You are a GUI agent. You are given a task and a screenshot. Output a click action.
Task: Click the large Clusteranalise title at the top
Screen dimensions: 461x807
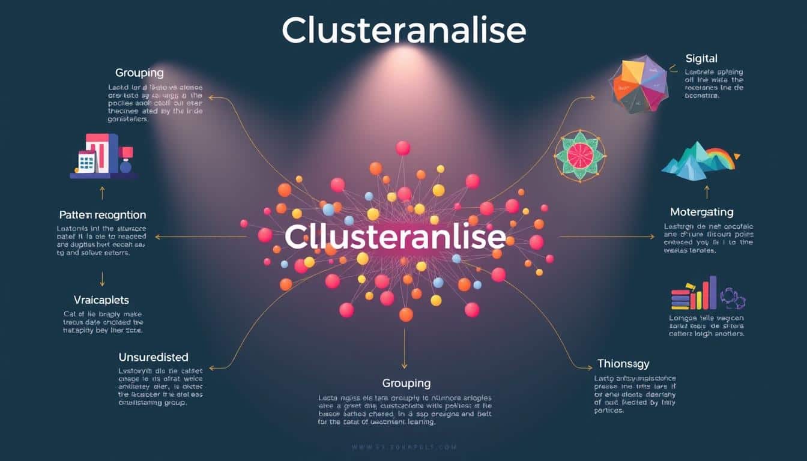pyautogui.click(x=403, y=30)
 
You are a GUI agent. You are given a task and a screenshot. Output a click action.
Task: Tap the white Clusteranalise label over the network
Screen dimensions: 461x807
pyautogui.click(x=395, y=238)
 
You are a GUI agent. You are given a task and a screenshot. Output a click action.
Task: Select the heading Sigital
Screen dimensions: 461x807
pyautogui.click(x=701, y=58)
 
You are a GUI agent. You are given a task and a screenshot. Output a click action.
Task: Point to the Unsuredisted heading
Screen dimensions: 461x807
pyautogui.click(x=153, y=357)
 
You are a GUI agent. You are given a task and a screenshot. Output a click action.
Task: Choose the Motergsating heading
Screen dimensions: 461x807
pyautogui.click(x=702, y=212)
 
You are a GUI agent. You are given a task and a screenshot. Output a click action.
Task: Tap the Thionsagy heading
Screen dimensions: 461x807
pyautogui.click(x=623, y=364)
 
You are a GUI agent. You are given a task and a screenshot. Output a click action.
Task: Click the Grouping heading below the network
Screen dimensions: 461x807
pyautogui.click(x=407, y=383)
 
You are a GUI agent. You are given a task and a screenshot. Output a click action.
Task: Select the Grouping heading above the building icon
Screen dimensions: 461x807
pyautogui.click(x=139, y=73)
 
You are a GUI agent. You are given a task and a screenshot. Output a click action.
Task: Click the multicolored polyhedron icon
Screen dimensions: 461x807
pyautogui.click(x=638, y=84)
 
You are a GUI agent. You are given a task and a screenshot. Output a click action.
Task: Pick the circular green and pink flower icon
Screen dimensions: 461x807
pyautogui.click(x=579, y=155)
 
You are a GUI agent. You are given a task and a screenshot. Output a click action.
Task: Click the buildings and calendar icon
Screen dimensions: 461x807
pyautogui.click(x=103, y=157)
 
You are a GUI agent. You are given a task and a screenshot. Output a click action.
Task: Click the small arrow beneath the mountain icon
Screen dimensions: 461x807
pyautogui.click(x=707, y=192)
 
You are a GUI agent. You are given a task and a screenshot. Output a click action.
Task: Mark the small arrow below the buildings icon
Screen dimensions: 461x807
pyautogui.click(x=102, y=192)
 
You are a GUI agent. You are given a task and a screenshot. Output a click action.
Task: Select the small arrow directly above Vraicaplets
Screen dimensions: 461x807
pyautogui.click(x=102, y=278)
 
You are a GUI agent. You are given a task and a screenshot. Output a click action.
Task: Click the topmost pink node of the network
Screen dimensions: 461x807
pyautogui.click(x=403, y=148)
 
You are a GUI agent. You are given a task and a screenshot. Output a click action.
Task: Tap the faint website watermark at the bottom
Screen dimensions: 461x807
pyautogui.click(x=403, y=447)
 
